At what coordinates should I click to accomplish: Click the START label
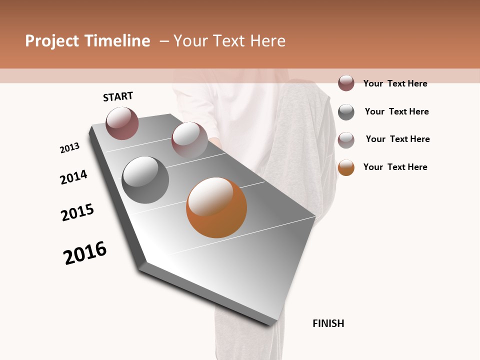[x=118, y=96]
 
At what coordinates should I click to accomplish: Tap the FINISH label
[x=328, y=323]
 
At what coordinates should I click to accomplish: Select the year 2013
[x=69, y=148]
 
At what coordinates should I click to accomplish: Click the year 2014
[x=73, y=177]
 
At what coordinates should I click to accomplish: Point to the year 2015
[x=77, y=212]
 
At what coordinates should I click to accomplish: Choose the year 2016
[x=85, y=253]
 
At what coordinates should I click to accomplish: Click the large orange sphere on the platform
[x=216, y=207]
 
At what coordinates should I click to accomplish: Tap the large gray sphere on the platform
[x=145, y=180]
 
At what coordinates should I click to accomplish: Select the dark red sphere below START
[x=122, y=123]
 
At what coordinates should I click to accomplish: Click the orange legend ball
[x=346, y=167]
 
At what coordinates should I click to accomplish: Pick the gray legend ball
[x=346, y=112]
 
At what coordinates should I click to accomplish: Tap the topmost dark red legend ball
[x=346, y=83]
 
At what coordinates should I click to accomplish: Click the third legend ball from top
[x=346, y=140]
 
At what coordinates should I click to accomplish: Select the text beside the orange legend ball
[x=395, y=167]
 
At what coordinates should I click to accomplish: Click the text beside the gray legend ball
[x=396, y=111]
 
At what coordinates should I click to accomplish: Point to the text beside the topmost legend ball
[x=395, y=83]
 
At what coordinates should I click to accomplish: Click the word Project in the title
[x=52, y=41]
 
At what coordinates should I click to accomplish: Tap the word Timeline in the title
[x=117, y=41]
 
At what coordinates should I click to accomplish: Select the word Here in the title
[x=267, y=41]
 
